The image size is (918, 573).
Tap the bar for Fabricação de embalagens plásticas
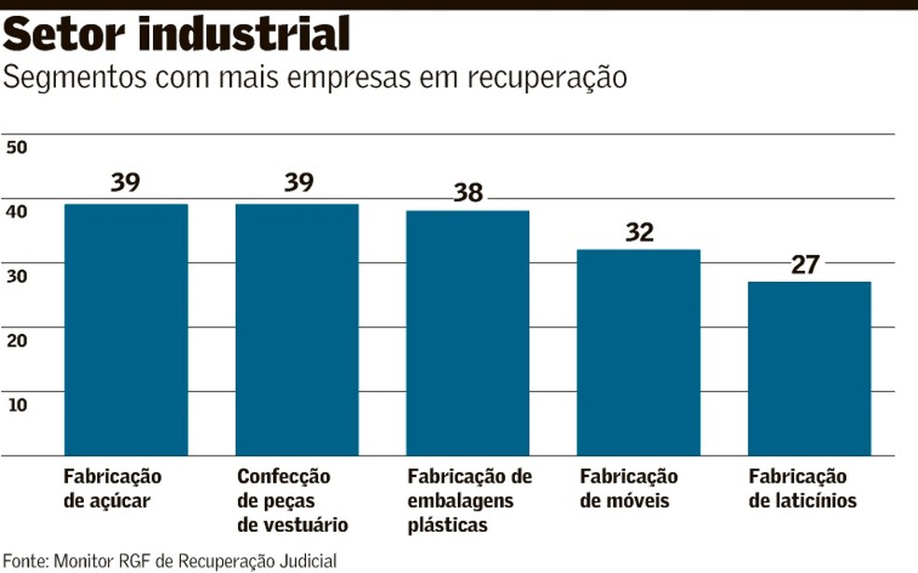coord(467,333)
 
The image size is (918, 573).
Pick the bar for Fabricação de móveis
coord(639,353)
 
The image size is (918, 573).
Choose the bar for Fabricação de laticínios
coord(810,369)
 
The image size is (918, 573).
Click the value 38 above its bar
coord(468,192)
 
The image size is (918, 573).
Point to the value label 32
coord(639,231)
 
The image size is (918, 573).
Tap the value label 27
coord(804,264)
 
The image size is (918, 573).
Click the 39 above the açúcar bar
coord(125,182)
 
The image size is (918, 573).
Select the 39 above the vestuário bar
coord(299,182)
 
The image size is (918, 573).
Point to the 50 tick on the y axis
coord(17,147)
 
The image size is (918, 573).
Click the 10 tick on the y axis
coord(17,403)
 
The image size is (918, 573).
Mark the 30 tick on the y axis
coord(17,275)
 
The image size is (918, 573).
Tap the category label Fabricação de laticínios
coord(802,488)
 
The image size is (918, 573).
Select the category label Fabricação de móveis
coord(629,488)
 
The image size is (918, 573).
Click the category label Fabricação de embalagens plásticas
coord(469,500)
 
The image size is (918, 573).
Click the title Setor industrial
coord(177,35)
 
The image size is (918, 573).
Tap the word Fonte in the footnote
coord(24,561)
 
